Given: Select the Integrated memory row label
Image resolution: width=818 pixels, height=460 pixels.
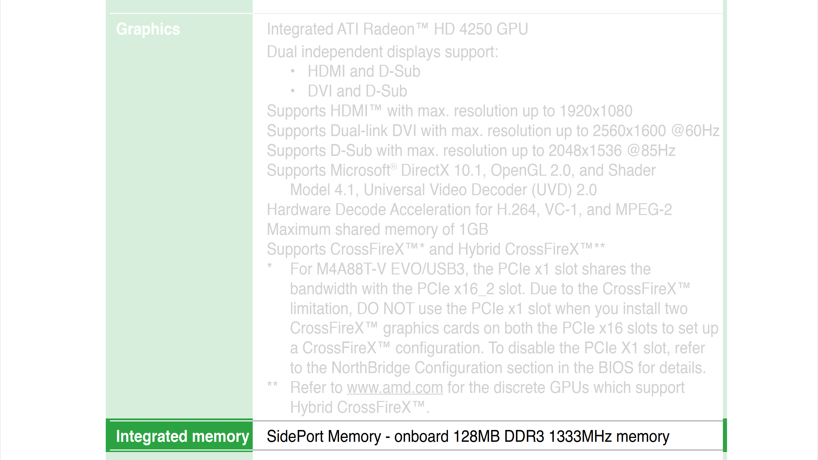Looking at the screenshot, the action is click(x=182, y=436).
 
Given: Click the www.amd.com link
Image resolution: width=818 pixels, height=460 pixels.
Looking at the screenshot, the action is click(x=395, y=388).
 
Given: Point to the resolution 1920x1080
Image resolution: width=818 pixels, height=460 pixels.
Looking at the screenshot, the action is click(x=596, y=111).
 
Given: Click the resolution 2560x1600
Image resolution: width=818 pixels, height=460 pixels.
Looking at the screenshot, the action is click(x=629, y=131).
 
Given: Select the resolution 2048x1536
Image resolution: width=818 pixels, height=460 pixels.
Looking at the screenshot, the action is click(x=585, y=150).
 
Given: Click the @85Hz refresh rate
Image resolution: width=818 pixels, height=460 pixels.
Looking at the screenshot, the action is click(x=651, y=150).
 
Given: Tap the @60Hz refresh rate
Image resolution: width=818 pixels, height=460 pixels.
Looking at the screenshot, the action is click(x=695, y=131).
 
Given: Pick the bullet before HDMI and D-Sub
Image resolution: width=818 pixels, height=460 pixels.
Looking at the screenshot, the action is click(x=292, y=71).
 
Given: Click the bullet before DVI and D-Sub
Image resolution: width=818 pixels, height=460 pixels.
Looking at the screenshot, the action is click(x=292, y=91).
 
